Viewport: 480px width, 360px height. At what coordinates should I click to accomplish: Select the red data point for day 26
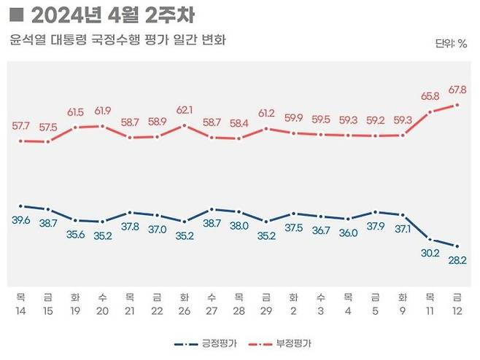[x=185, y=125]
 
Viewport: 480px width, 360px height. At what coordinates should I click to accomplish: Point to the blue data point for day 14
[x=20, y=206]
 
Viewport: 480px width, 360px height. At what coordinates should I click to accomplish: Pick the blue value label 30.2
[x=430, y=254]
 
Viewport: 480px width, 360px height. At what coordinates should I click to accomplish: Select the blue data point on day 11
[x=430, y=239]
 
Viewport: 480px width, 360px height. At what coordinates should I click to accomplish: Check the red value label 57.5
[x=48, y=126]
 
